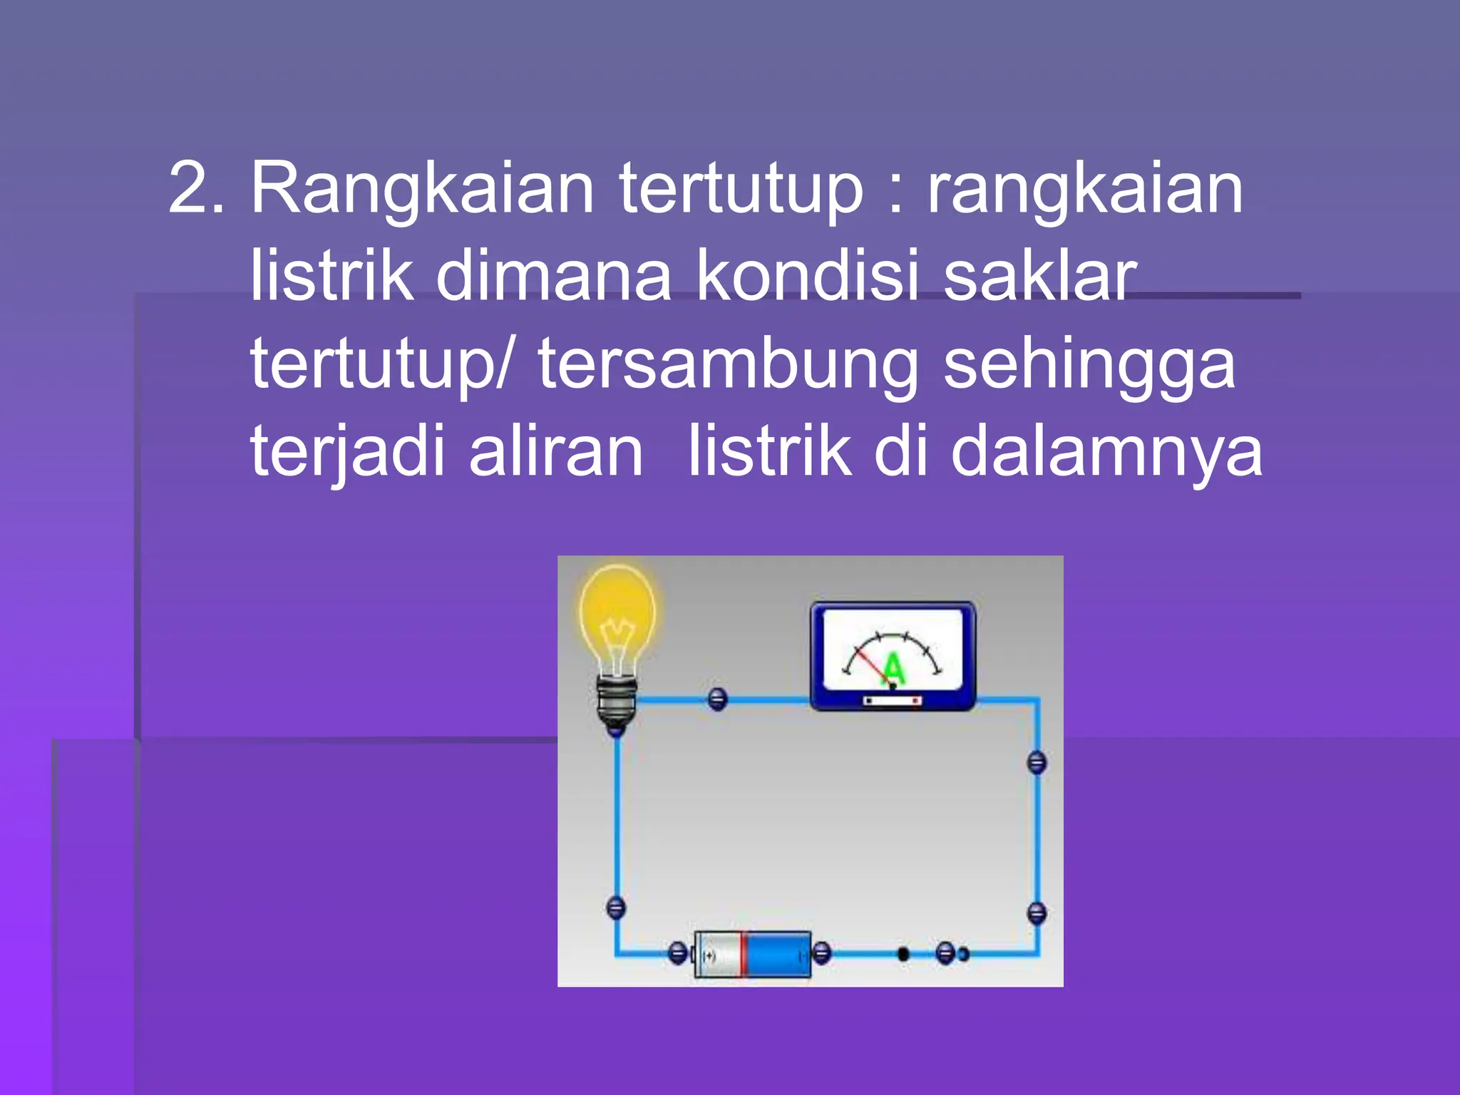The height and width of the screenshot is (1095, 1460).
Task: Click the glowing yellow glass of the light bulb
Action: (617, 613)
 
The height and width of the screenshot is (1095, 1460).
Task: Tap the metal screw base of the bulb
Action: (617, 702)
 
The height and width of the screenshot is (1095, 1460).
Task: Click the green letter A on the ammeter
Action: (892, 669)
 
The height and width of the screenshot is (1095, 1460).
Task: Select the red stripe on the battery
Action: (743, 954)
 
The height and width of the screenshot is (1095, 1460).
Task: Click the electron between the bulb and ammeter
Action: (718, 699)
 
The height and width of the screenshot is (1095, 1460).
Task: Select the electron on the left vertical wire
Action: (615, 908)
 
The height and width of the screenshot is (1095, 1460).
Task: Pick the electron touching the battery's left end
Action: (678, 952)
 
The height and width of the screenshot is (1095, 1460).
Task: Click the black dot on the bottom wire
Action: (903, 953)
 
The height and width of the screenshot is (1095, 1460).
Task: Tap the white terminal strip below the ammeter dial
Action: (892, 701)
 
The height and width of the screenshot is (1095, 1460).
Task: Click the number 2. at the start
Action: (196, 188)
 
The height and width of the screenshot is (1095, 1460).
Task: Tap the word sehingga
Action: (1089, 365)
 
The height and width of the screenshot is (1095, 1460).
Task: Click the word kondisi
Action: (807, 277)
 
